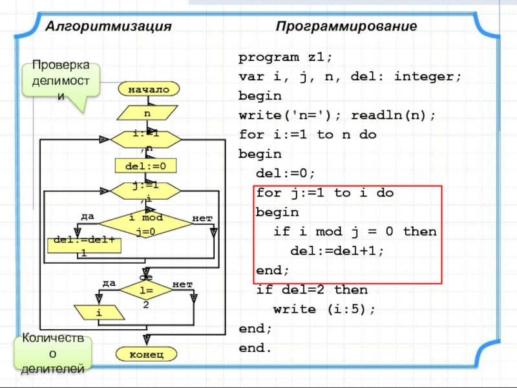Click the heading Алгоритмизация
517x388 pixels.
[x=108, y=27]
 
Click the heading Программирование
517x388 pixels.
[x=346, y=27]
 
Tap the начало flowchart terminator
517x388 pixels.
[x=148, y=89]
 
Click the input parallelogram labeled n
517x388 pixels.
[x=147, y=113]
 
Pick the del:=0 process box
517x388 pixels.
[x=145, y=166]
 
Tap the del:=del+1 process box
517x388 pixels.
[x=84, y=244]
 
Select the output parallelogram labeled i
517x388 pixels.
[x=99, y=313]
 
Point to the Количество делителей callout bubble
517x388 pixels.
[x=53, y=353]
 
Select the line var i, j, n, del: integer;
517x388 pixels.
[x=350, y=76]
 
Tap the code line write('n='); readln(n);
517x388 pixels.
[x=337, y=115]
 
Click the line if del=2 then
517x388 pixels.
[x=311, y=290]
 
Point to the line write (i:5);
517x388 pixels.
[x=324, y=309]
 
